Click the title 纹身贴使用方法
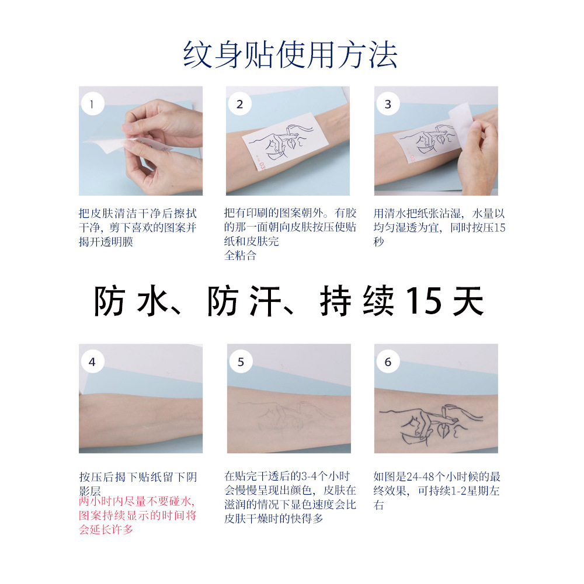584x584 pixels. pos(290,55)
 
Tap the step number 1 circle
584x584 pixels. pos(92,105)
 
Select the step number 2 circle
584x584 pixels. pos(239,105)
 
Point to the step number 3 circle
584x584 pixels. pos(388,105)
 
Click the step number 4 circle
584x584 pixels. pos(92,362)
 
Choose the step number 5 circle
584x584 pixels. pos(240,362)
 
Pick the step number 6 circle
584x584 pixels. pos(388,362)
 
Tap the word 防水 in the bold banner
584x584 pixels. pos(131,302)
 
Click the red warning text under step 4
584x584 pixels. pos(138,516)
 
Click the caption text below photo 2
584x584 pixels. pos(290,234)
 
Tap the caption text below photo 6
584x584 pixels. pos(437,491)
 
